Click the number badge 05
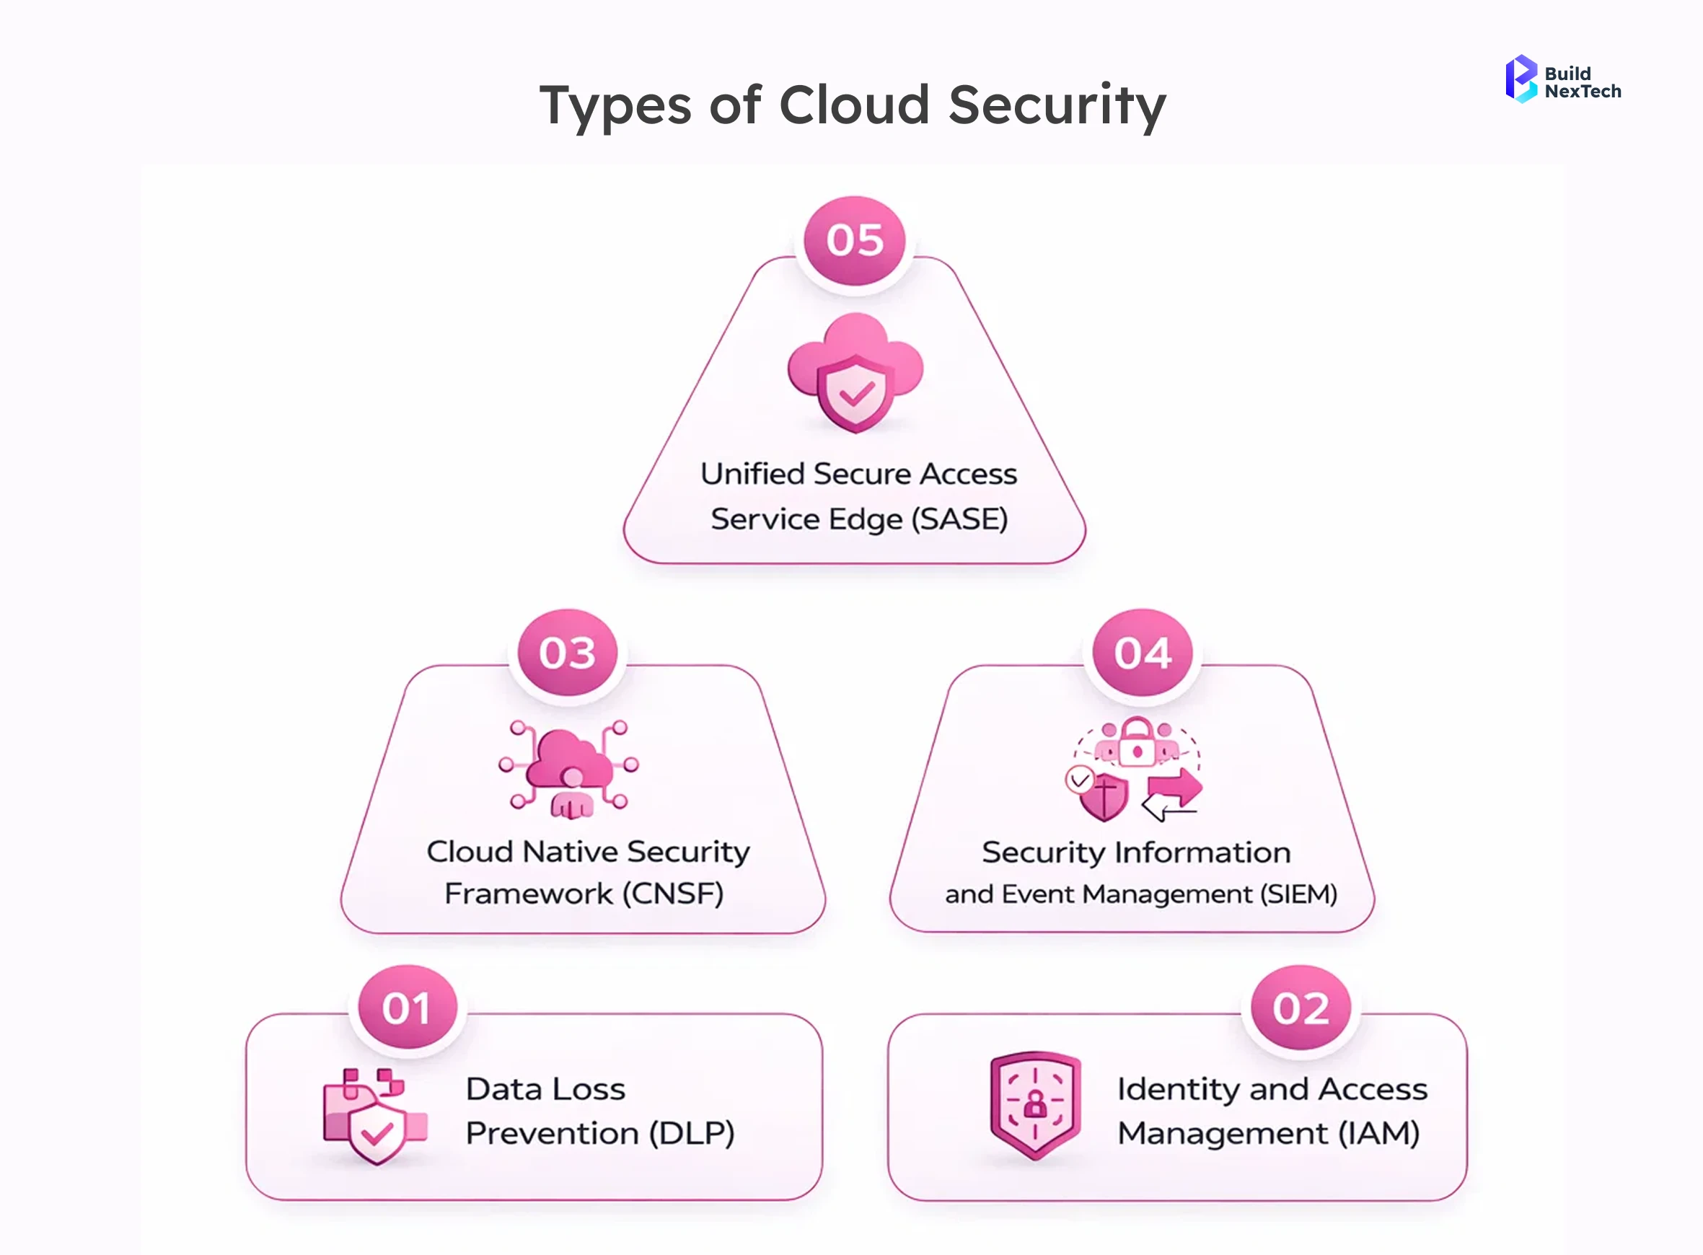(855, 240)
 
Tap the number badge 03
(568, 653)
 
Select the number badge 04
(1143, 653)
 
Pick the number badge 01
(407, 1008)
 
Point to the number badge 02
(1301, 1008)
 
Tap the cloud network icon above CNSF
(569, 769)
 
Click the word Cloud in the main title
(854, 105)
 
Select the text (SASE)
(959, 519)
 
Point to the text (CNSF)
(672, 894)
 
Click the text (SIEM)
(1298, 894)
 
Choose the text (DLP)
(691, 1132)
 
